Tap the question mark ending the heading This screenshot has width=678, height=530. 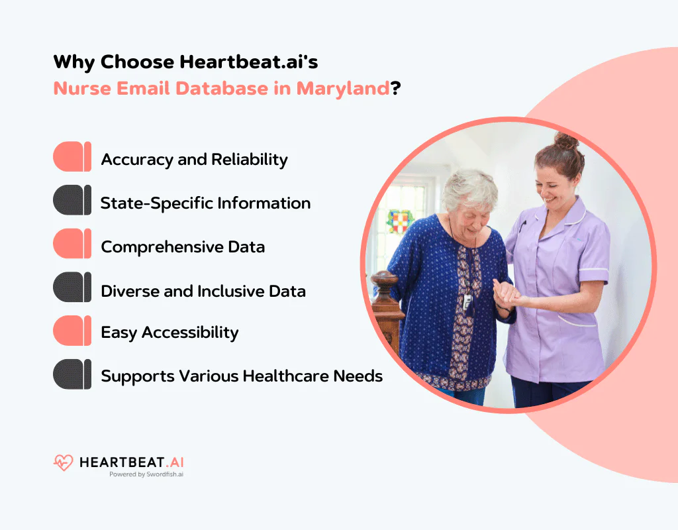[x=396, y=88]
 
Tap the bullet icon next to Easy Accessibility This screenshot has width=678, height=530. [x=72, y=331]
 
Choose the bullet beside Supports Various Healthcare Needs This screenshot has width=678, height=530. [x=72, y=375]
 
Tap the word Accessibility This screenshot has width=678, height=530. [x=191, y=333]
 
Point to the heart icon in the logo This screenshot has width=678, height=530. [x=64, y=462]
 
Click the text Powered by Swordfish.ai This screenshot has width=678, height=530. [x=146, y=474]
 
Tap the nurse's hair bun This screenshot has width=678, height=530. [x=565, y=140]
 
